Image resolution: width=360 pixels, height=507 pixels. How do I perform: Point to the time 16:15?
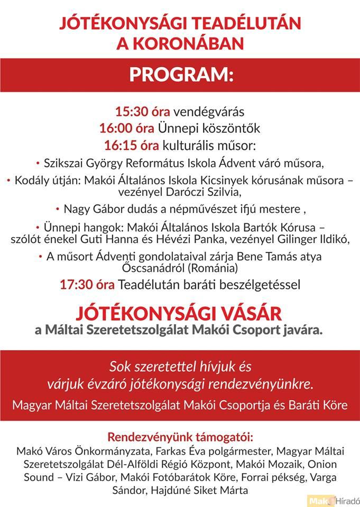[117, 145]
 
